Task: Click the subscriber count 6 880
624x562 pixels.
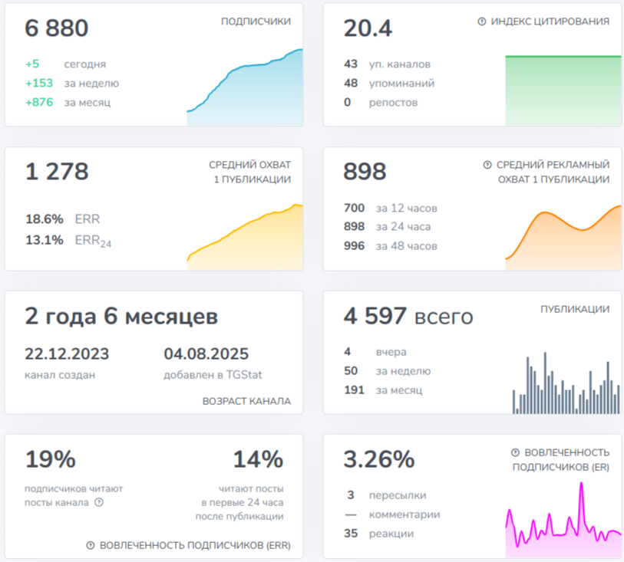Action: pos(57,28)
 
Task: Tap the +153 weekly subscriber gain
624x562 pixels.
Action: pos(39,83)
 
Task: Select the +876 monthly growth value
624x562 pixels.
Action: pos(39,102)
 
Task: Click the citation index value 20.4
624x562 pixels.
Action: pos(368,28)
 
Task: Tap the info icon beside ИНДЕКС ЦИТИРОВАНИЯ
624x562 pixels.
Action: pos(481,21)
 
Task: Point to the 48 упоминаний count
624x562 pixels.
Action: pos(351,83)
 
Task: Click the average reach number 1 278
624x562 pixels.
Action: pos(57,172)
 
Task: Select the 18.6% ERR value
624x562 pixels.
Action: pos(45,219)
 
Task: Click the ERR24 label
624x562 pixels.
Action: pos(93,241)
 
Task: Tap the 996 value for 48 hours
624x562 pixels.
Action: pos(354,245)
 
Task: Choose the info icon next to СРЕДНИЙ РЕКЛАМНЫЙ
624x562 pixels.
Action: pos(487,165)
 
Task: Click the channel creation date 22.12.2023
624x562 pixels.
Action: pos(67,353)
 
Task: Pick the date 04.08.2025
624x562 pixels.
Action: pos(206,353)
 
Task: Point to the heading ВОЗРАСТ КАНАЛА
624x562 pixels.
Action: pos(246,401)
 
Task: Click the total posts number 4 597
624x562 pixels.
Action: pos(375,316)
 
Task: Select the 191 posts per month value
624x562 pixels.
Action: pos(354,390)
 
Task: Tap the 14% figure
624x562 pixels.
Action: pos(259,459)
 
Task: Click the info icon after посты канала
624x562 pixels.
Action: pos(99,502)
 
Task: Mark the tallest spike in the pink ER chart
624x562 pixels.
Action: pos(582,483)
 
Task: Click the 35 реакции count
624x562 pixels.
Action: pos(351,534)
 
